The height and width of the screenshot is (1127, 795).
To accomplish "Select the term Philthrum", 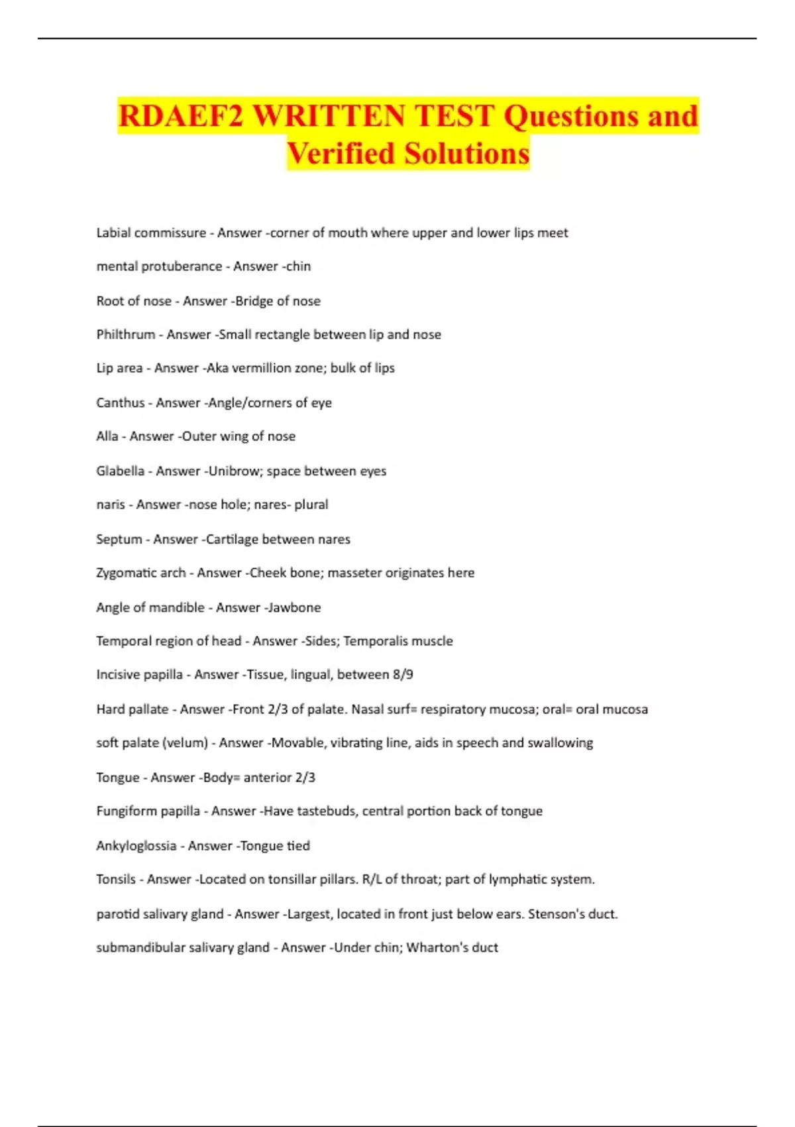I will (x=125, y=335).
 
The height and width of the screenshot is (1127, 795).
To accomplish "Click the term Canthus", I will (x=120, y=403).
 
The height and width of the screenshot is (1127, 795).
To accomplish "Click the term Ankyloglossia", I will (x=136, y=846).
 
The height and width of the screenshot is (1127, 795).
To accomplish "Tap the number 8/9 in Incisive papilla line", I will (x=402, y=675).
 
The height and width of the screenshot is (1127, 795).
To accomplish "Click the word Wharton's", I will (x=437, y=948).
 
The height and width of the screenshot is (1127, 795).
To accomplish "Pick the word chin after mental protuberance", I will (x=299, y=267).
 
